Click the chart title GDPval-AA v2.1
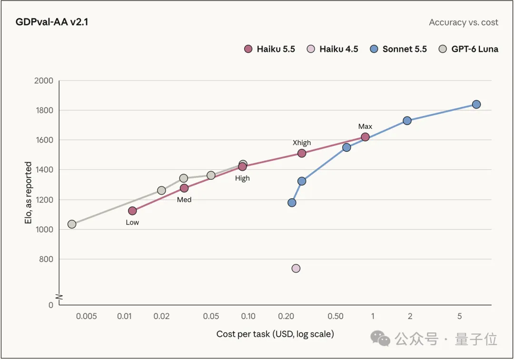click(x=52, y=22)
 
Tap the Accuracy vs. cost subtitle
click(x=464, y=22)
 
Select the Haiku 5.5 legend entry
click(x=270, y=49)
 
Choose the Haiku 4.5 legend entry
click(x=332, y=49)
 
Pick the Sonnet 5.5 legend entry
click(x=398, y=49)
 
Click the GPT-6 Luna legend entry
click(x=469, y=49)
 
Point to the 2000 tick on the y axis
click(x=44, y=80)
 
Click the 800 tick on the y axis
click(x=46, y=259)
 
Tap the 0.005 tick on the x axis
click(x=86, y=316)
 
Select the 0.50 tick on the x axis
click(x=336, y=316)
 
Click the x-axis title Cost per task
click(x=276, y=334)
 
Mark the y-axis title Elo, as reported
click(x=28, y=193)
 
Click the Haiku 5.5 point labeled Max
click(x=365, y=137)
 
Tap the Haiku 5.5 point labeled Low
click(x=132, y=211)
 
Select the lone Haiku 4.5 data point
click(x=296, y=268)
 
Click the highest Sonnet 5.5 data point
click(x=476, y=105)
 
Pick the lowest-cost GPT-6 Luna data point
click(x=72, y=224)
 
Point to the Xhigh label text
click(x=302, y=143)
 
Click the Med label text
click(x=184, y=200)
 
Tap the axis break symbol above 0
click(x=59, y=297)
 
